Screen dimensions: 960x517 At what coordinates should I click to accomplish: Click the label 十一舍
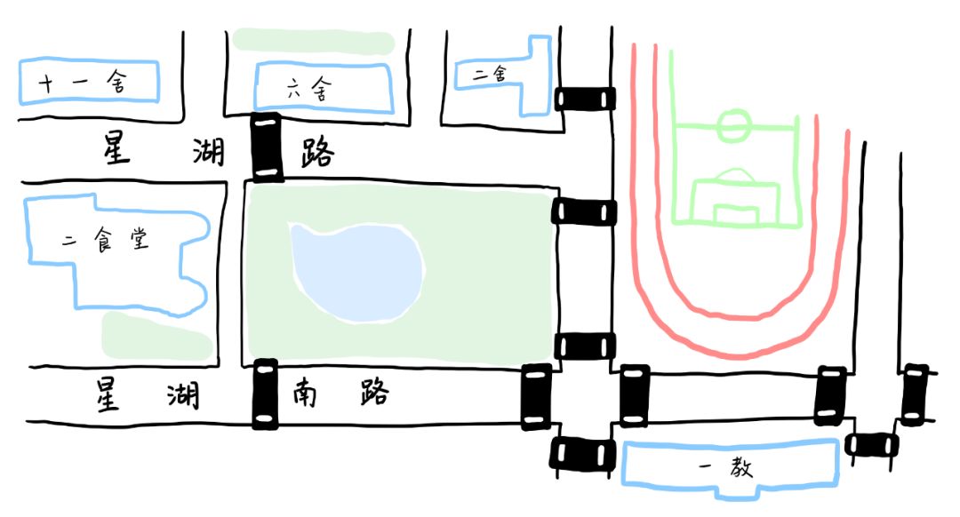point(83,84)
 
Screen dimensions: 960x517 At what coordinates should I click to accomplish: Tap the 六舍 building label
point(310,89)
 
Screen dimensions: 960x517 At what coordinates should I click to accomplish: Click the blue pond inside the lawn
point(356,271)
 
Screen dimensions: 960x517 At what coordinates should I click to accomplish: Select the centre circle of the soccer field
point(734,125)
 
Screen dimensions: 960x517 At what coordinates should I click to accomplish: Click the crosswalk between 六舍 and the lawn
point(267,147)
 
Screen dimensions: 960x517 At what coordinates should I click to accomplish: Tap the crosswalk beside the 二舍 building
point(585,98)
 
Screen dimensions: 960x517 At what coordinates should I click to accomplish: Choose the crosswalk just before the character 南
point(265,394)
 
